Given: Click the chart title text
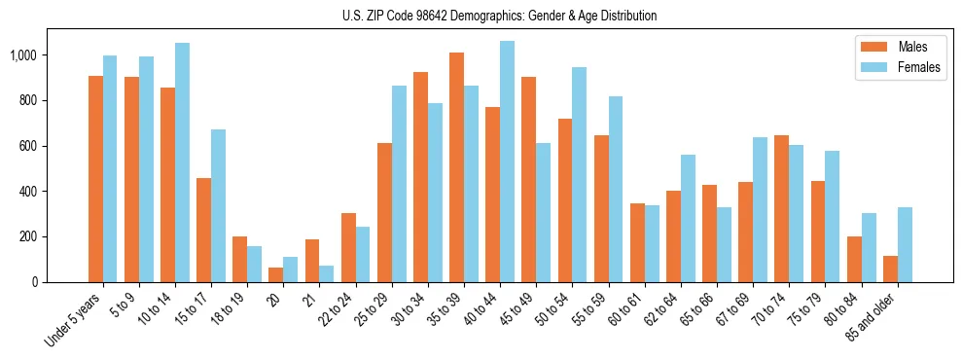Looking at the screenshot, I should coord(499,16).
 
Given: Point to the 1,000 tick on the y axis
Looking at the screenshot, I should coord(22,55).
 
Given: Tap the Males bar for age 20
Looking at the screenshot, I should coord(276,274).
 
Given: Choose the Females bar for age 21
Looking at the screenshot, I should coord(327,273).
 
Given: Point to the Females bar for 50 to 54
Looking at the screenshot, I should coord(580,175).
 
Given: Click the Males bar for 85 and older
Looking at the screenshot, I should coord(891,269).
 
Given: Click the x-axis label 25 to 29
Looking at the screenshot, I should coord(373,310).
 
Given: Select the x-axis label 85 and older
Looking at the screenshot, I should coord(873,317).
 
